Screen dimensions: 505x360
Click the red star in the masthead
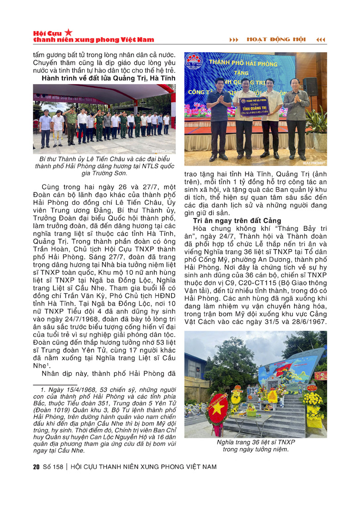point(68,32)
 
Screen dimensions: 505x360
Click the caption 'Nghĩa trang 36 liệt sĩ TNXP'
point(256,442)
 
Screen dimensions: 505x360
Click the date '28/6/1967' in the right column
point(306,322)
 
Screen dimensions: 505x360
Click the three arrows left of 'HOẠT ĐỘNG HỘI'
point(234,40)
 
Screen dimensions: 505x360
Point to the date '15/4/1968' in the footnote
point(67,391)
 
